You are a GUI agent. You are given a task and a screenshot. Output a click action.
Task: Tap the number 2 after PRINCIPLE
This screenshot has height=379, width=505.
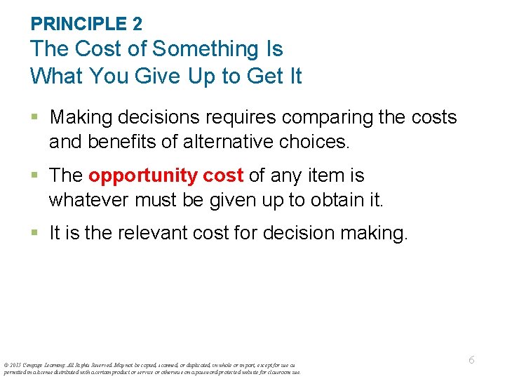pyautogui.click(x=137, y=24)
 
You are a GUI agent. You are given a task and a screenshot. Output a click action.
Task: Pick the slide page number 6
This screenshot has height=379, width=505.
pyautogui.click(x=471, y=359)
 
